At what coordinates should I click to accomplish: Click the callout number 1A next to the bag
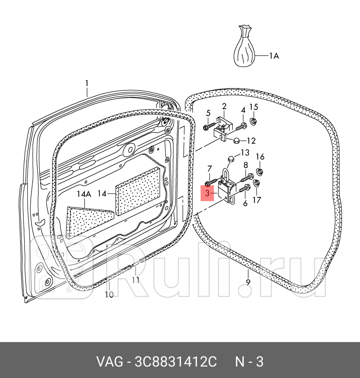274,56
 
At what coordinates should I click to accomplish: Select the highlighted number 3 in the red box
207,193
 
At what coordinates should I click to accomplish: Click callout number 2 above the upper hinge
224,106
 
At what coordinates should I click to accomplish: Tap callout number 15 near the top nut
253,107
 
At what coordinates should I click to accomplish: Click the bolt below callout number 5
210,127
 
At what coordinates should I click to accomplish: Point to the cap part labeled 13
230,158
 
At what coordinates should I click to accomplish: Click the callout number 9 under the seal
248,282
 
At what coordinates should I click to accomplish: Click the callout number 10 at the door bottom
109,295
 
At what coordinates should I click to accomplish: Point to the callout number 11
135,280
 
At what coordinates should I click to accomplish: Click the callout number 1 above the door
87,83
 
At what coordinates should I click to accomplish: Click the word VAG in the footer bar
110,362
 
